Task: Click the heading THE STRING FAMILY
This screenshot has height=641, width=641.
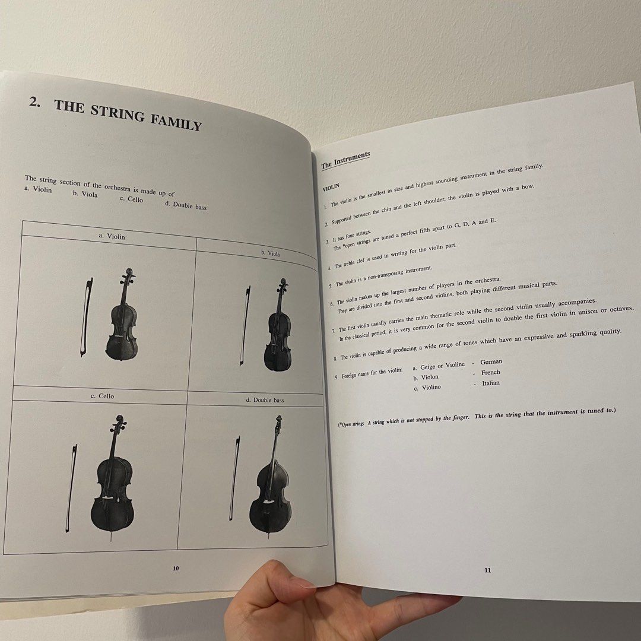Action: (x=128, y=115)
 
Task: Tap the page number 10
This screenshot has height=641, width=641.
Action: (x=176, y=568)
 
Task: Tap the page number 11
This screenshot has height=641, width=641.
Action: (x=487, y=570)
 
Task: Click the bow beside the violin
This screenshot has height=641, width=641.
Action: (x=87, y=317)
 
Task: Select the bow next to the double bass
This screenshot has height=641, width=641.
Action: (x=234, y=478)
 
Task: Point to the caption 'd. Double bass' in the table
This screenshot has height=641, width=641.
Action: (x=265, y=400)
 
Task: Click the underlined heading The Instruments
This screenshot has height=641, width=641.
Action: (x=345, y=160)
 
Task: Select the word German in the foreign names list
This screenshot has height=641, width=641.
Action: (x=491, y=361)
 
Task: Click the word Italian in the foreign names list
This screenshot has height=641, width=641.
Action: (x=491, y=383)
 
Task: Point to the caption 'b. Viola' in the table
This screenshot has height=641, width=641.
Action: (x=270, y=253)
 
